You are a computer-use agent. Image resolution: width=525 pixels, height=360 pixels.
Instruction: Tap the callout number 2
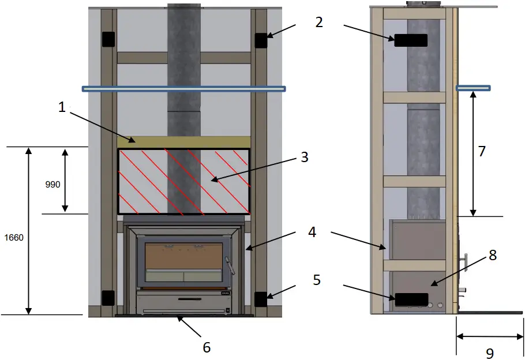[x=319, y=22]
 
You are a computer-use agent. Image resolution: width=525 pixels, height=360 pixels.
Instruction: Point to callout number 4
[x=312, y=233]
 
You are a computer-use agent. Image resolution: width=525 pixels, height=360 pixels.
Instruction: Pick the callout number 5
[x=317, y=280]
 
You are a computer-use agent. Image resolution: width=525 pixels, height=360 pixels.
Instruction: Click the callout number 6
[x=207, y=347]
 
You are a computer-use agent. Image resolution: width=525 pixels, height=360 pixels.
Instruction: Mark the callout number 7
[x=482, y=151]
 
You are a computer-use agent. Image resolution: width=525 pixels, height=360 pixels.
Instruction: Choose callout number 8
[x=492, y=255]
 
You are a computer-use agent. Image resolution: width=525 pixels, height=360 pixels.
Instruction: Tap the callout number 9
[x=490, y=352]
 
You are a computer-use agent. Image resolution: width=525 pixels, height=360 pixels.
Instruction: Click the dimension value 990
[x=52, y=185]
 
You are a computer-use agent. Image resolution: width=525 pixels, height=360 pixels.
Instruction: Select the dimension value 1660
[x=13, y=237]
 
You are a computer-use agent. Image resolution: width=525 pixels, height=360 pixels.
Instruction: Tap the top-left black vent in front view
[x=108, y=39]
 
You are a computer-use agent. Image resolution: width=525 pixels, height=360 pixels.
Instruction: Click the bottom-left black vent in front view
[x=108, y=298]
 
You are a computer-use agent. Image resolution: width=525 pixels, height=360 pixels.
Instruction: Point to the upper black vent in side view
[x=411, y=40]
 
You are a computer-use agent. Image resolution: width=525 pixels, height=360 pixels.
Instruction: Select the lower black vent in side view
[x=411, y=299]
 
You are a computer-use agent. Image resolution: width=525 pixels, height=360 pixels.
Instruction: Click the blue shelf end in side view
[x=473, y=88]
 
